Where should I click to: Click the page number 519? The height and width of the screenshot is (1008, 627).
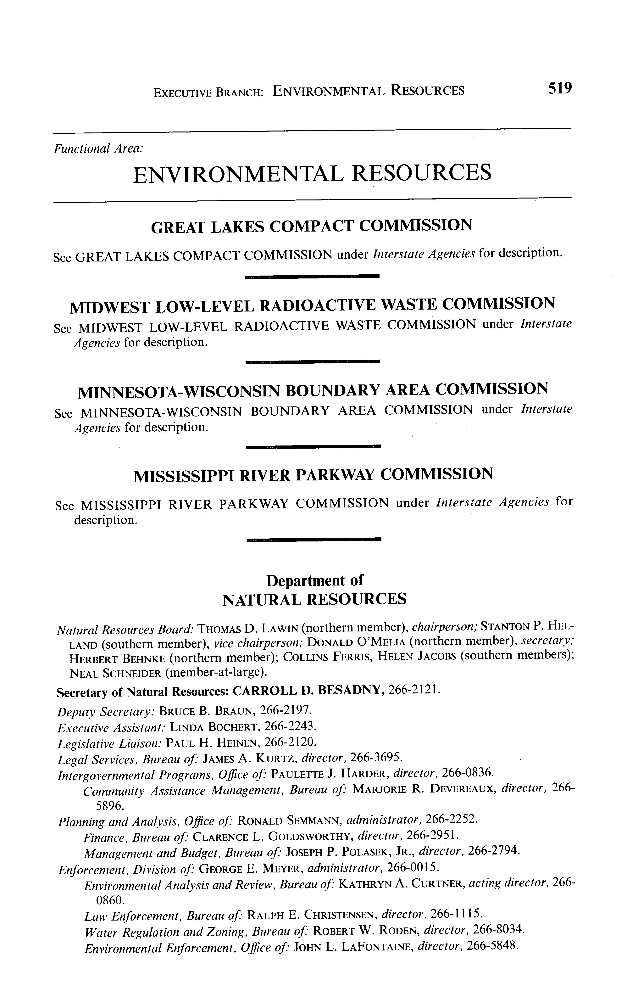559,88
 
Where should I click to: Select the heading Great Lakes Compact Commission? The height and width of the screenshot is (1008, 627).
311,227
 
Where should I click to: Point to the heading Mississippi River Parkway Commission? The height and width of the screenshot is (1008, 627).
313,474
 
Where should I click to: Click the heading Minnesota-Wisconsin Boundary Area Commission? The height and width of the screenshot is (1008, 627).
313,390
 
